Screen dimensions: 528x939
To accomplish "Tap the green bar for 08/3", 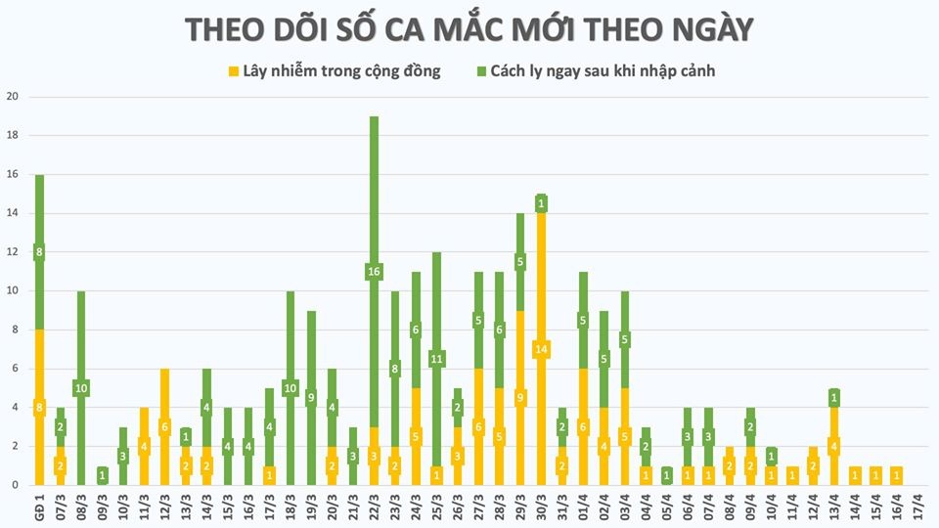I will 81,332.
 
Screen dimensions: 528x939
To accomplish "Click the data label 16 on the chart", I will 374,272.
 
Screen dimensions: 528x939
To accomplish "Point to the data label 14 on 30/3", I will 541,349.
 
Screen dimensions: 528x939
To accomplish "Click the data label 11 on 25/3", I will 436,359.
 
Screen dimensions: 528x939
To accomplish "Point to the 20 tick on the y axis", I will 13,97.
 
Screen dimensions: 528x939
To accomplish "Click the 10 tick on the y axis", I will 13,290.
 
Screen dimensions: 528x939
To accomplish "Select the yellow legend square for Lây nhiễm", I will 233,71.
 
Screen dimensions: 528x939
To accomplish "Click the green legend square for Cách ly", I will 482,71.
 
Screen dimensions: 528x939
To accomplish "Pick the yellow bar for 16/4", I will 896,476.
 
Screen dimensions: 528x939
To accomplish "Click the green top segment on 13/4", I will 833,398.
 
